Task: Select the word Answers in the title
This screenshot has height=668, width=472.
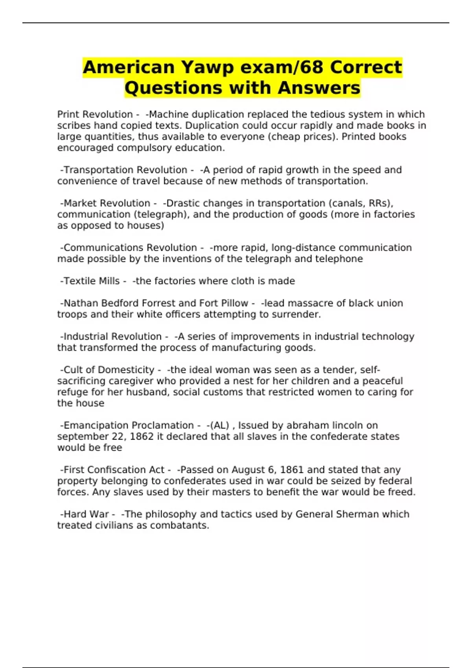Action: [319, 88]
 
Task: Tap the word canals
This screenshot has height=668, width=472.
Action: [349, 203]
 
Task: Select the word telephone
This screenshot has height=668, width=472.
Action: [339, 259]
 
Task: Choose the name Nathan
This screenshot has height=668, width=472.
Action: [81, 303]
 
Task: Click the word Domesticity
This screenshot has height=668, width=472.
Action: [126, 370]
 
